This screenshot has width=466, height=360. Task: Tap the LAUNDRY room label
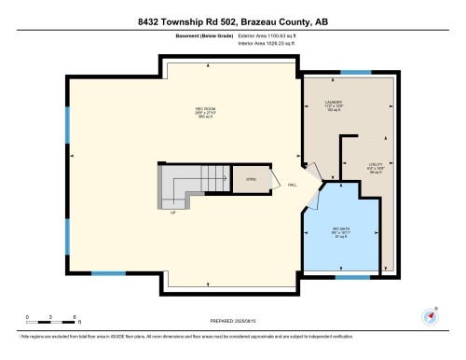(333, 105)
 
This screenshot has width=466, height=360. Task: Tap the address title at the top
(232, 12)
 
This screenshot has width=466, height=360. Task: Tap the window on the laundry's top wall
(354, 72)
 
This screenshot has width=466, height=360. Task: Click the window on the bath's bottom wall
(350, 277)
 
